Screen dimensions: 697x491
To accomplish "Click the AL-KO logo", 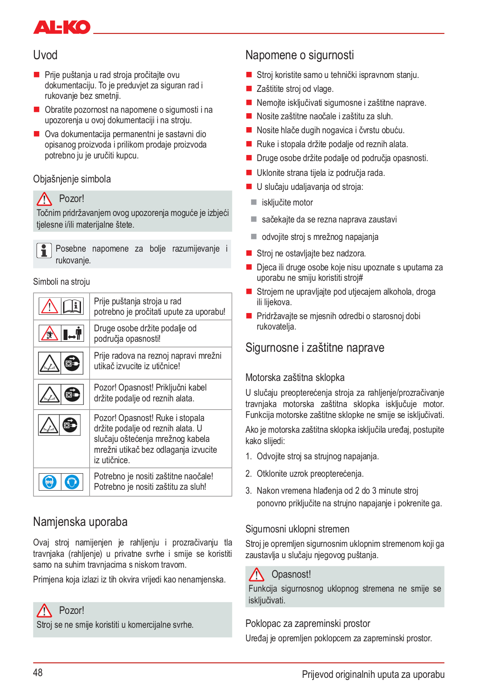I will (x=62, y=27).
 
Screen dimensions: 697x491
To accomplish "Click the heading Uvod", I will (x=45, y=55).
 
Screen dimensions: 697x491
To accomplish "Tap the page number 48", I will (x=38, y=673).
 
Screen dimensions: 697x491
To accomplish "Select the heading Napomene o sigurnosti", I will (x=299, y=55).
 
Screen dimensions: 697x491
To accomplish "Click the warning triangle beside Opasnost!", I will (x=257, y=575).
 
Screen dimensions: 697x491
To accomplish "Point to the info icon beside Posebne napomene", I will (x=44, y=250).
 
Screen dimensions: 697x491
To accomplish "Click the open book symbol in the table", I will (x=72, y=306).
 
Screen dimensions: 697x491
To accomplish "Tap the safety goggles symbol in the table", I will (x=50, y=482).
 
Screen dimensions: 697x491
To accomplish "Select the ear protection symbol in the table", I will (x=72, y=482).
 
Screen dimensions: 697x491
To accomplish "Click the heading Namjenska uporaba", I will (x=80, y=522).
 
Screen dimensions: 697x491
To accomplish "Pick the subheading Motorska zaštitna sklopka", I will (x=295, y=377).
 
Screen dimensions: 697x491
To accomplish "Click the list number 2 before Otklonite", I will (x=248, y=474).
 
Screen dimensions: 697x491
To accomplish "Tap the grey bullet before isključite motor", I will (x=254, y=202).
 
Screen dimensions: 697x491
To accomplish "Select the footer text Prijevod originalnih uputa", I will (x=373, y=674).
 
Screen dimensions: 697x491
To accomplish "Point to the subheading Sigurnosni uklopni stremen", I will (x=297, y=529).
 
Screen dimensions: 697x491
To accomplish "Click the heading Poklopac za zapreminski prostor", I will (x=308, y=623).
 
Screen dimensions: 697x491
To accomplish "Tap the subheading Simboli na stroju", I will (x=61, y=282).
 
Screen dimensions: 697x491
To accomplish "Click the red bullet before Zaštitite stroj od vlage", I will (x=249, y=89).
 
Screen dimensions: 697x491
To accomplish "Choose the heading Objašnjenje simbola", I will (x=72, y=179).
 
